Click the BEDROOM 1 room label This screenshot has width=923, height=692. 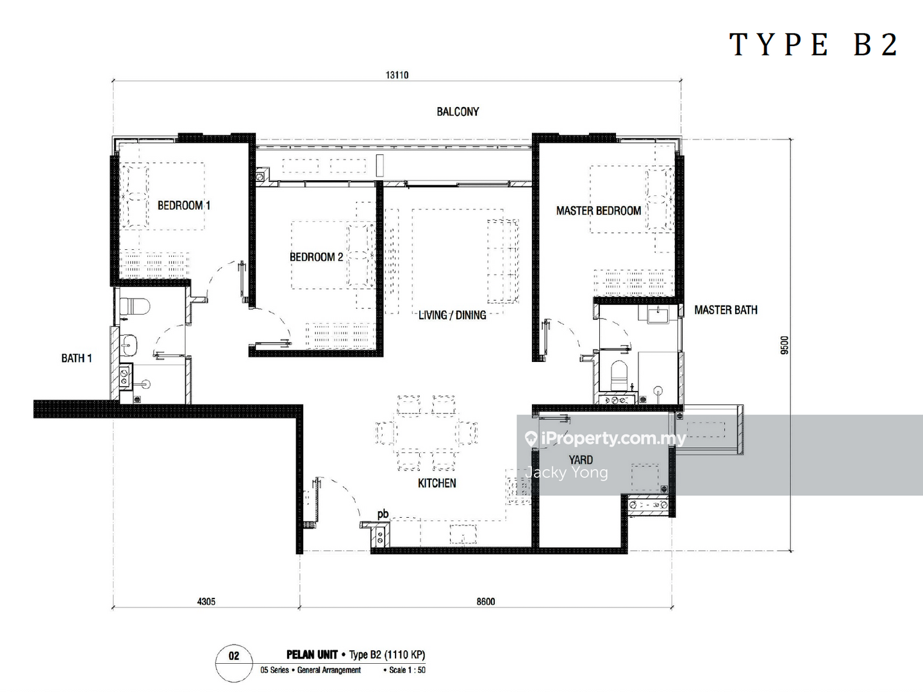(x=184, y=206)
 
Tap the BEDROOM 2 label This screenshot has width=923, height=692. (x=316, y=257)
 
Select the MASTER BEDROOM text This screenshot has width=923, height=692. (x=599, y=211)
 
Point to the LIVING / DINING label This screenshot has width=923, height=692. (x=452, y=315)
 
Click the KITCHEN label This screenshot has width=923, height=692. (x=437, y=483)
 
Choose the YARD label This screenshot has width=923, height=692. (x=581, y=460)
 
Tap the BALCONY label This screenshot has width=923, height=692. (x=458, y=111)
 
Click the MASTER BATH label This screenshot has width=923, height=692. (x=726, y=310)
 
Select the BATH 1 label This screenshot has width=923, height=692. (x=76, y=358)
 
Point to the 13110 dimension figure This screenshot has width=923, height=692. (x=397, y=75)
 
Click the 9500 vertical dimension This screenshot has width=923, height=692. (x=785, y=345)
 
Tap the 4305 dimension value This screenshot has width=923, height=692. (x=206, y=602)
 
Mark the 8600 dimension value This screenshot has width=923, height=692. (x=486, y=602)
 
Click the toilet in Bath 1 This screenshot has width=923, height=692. (x=135, y=306)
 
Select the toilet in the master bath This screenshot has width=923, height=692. (x=619, y=375)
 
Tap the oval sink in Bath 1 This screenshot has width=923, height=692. (x=129, y=345)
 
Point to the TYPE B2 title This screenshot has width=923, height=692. (x=813, y=45)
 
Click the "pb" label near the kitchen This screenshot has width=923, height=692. (x=383, y=515)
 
